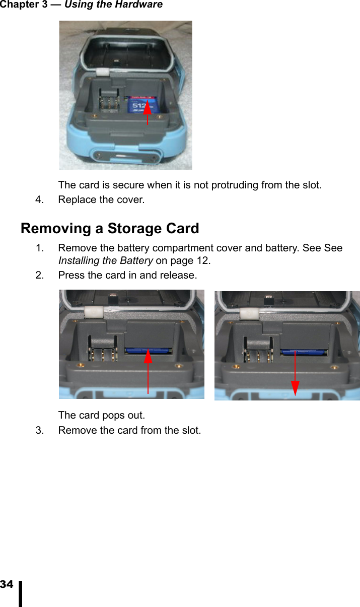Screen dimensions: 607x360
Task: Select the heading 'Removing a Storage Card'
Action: pos(110,229)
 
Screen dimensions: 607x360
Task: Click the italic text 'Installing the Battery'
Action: pos(106,261)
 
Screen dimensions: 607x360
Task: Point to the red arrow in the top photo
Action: pos(148,112)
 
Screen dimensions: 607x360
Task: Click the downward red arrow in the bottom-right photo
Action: pos(295,373)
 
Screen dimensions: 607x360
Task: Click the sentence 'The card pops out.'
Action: pos(102,416)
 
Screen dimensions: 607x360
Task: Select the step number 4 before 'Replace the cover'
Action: pos(38,200)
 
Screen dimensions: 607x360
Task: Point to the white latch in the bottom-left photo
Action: pos(93,313)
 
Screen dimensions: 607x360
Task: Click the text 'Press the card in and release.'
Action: pos(127,276)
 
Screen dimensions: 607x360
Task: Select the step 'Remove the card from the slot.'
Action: pos(129,431)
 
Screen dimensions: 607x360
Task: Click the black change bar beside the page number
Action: pos(21,593)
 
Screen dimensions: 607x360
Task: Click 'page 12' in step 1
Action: pos(190,261)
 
